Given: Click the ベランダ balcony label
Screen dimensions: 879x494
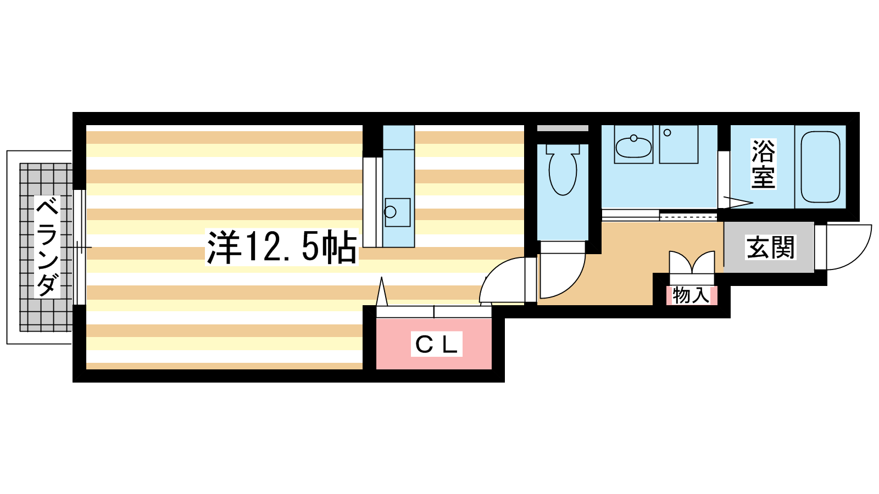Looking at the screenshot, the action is [x=47, y=247].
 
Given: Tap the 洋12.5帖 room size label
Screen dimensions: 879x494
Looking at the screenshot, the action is [x=282, y=247].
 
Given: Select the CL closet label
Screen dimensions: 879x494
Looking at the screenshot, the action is [x=436, y=344].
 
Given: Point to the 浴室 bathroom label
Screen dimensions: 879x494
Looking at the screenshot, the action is [x=763, y=164].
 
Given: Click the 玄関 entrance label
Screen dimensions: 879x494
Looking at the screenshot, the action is [x=770, y=248].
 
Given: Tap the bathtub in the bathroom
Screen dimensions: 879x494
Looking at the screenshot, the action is [x=820, y=167].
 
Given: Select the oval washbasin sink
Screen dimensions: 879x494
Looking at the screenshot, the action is [x=633, y=147].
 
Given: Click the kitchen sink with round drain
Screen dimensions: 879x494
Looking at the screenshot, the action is [x=398, y=212].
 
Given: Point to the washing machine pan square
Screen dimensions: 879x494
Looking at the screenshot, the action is [x=678, y=144].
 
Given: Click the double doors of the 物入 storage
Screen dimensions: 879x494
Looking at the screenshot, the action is [x=692, y=262].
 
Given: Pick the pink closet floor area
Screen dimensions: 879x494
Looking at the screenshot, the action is [x=433, y=344].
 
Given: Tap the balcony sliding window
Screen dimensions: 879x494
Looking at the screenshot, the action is [x=79, y=248].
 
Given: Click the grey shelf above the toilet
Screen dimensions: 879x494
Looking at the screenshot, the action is [x=563, y=128].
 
